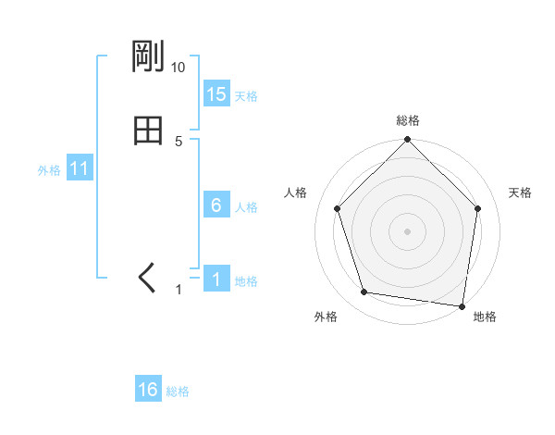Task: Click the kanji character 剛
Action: (148, 58)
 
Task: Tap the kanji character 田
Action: (148, 130)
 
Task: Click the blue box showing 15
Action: (216, 94)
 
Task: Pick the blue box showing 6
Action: (216, 205)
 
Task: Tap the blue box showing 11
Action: (80, 169)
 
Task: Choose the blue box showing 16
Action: (148, 390)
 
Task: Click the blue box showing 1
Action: (216, 280)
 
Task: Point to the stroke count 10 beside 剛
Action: (178, 68)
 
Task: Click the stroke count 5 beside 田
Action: (179, 141)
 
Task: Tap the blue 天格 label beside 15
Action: (246, 95)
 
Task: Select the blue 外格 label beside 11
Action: (49, 170)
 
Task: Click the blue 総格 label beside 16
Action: (178, 391)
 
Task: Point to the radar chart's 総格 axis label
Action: (408, 120)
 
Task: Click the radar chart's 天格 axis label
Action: (520, 193)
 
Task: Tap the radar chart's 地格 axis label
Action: (485, 317)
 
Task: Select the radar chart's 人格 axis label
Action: (296, 193)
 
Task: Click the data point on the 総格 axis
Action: (408, 141)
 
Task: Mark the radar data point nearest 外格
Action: (364, 292)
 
